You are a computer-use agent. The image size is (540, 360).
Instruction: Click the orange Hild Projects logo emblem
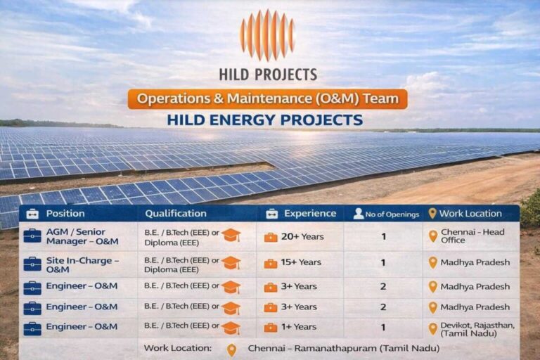pyautogui.click(x=266, y=35)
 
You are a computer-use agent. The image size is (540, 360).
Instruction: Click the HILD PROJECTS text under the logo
pyautogui.click(x=267, y=74)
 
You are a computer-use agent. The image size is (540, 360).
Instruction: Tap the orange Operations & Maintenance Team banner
pyautogui.click(x=267, y=98)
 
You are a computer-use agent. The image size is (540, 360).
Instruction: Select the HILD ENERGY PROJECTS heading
pyautogui.click(x=265, y=120)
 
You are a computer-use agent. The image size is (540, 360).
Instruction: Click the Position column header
pyautogui.click(x=65, y=214)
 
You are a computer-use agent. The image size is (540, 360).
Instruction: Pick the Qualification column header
pyautogui.click(x=176, y=214)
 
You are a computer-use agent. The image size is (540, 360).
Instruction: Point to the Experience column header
pyautogui.click(x=309, y=214)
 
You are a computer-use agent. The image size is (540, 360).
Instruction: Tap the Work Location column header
pyautogui.click(x=470, y=214)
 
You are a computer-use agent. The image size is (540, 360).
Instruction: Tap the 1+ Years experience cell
pyautogui.click(x=300, y=327)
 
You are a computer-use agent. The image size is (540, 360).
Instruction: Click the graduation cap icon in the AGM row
pyautogui.click(x=231, y=236)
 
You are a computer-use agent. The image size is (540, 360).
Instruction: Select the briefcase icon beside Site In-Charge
pyautogui.click(x=32, y=264)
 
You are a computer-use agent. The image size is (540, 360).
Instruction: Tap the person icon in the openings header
pyautogui.click(x=359, y=214)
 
